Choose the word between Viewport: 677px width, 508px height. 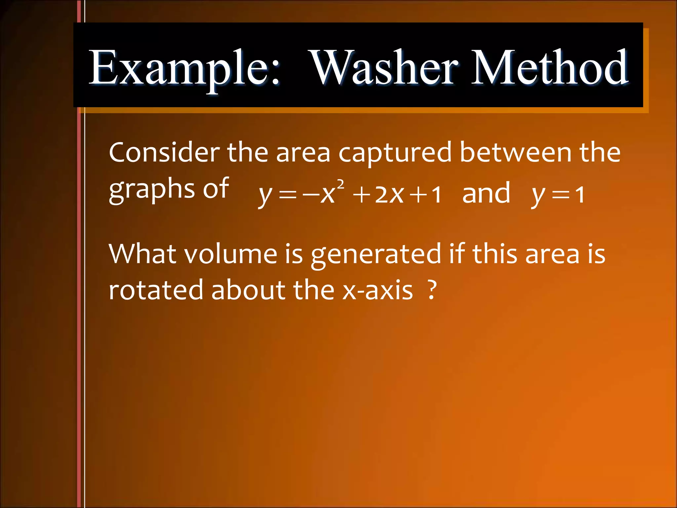[x=516, y=152]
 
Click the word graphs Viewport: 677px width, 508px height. [x=152, y=190]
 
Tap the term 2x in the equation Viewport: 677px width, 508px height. [x=389, y=194]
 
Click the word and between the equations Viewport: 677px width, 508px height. [x=486, y=193]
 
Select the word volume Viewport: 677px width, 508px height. [x=230, y=254]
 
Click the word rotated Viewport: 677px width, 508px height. [x=156, y=290]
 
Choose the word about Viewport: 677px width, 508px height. [x=248, y=290]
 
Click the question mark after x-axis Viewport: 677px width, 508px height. [x=431, y=290]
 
